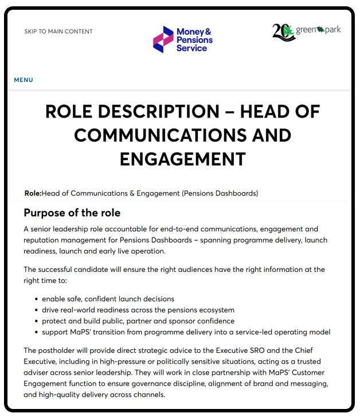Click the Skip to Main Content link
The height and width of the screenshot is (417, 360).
point(58,32)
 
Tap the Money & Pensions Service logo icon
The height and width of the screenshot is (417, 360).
point(163,39)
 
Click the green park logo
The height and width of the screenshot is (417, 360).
point(306,31)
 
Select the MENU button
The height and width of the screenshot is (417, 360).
point(24,80)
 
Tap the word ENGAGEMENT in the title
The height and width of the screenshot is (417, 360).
point(182,159)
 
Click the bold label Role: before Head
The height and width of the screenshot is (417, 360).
point(33,193)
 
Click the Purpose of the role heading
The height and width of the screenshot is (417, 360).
point(72,213)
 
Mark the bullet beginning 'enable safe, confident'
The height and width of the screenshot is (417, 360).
point(108,299)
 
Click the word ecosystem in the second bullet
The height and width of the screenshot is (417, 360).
point(214,310)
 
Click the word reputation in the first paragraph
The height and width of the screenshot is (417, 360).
point(48,240)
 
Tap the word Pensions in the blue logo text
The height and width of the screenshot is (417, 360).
point(194,40)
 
